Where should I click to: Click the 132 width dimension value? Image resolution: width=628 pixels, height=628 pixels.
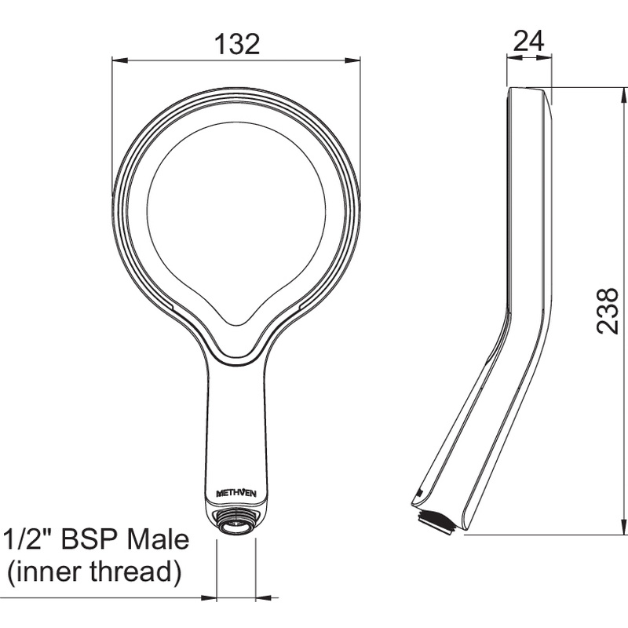click(237, 44)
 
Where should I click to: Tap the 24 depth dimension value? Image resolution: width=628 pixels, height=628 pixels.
click(528, 41)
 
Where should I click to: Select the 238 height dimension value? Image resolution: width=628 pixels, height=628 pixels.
click(607, 310)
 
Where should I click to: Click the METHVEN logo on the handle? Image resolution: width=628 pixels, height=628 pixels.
click(236, 494)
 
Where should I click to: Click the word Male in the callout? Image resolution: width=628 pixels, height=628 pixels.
click(157, 539)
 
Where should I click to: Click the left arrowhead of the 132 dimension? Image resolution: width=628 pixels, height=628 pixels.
click(119, 61)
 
